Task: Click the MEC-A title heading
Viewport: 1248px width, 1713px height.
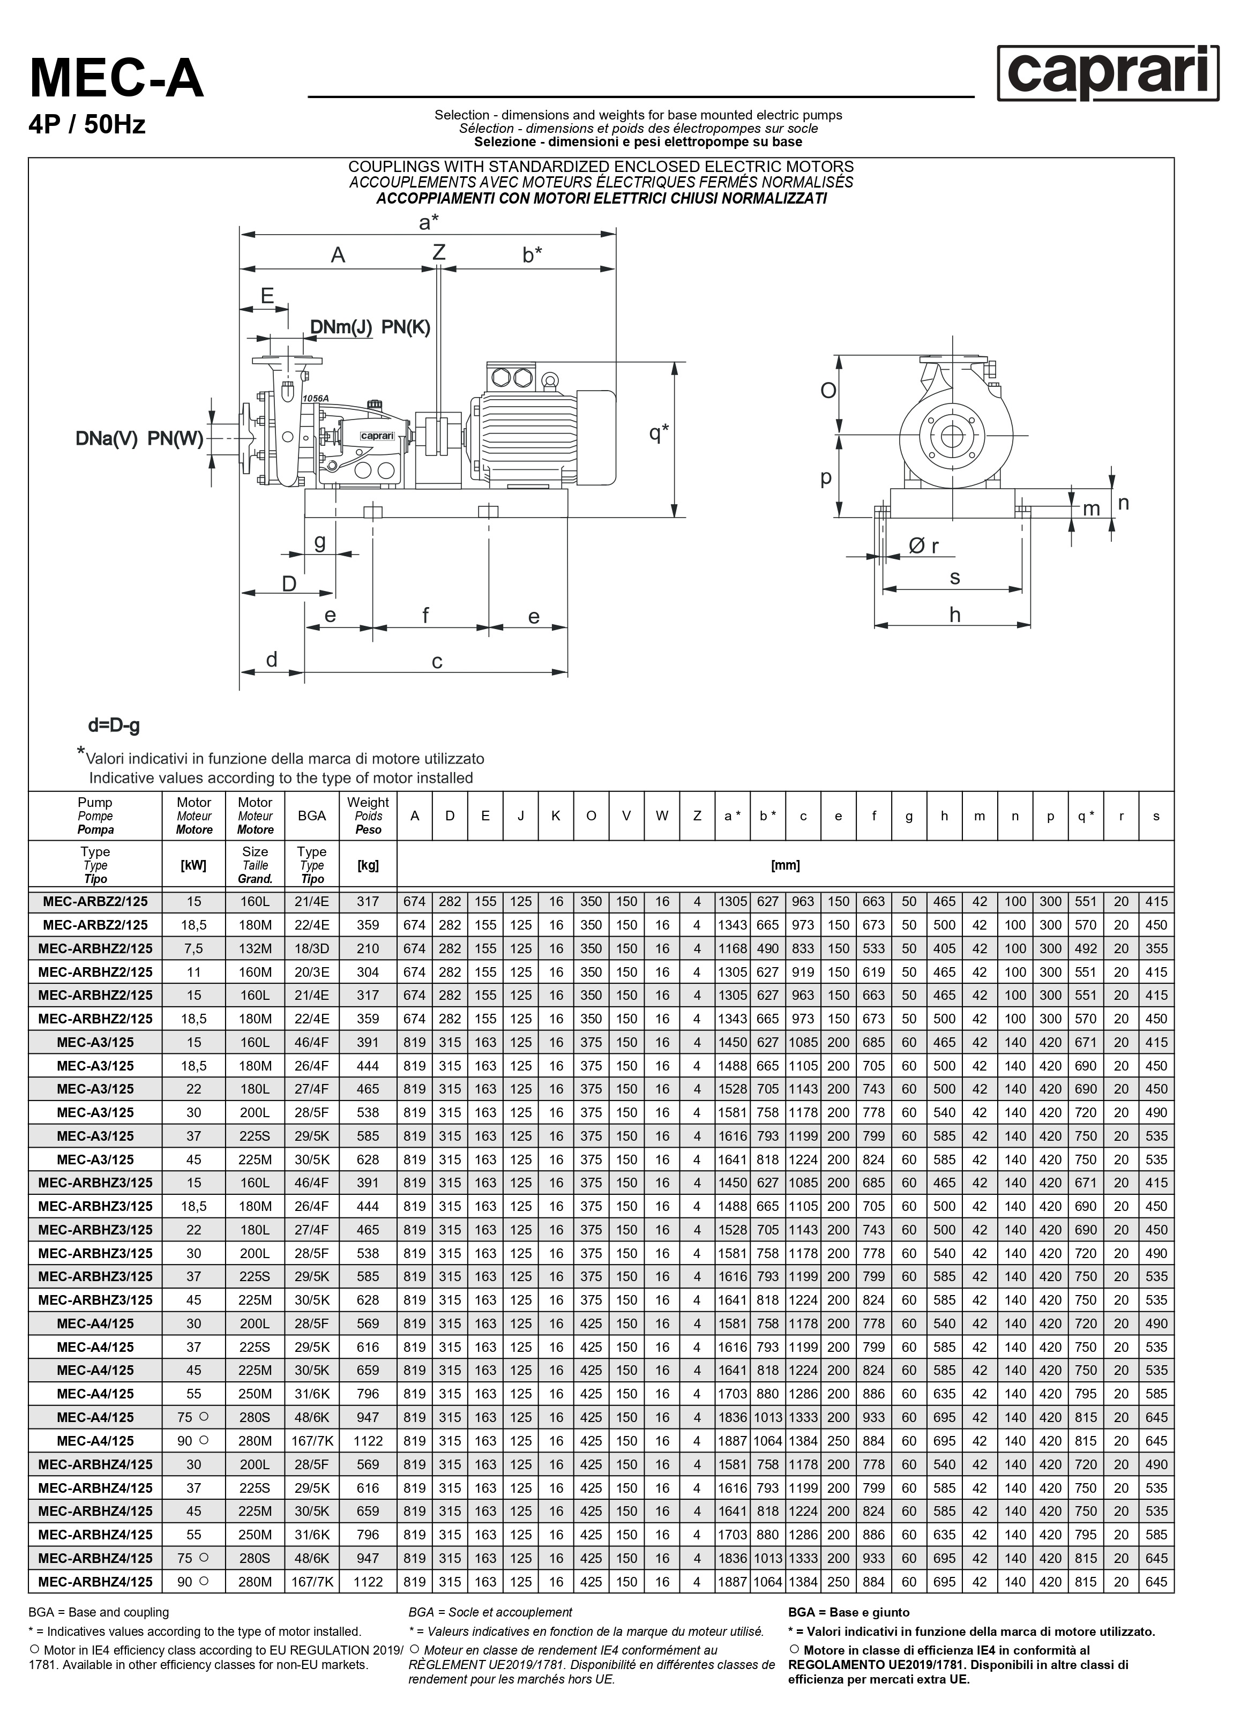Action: pos(117,79)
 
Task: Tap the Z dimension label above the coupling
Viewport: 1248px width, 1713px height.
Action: pos(439,252)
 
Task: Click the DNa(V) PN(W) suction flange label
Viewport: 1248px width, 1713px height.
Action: pos(139,439)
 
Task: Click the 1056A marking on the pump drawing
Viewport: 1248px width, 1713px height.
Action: pos(315,398)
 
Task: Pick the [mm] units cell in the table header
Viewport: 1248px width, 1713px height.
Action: pos(785,865)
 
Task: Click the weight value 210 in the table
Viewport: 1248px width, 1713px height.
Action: pos(368,948)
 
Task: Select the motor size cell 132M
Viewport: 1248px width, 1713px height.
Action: pos(256,948)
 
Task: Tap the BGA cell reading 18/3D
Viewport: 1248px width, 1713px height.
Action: pos(311,948)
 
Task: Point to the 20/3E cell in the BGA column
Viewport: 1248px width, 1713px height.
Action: pos(311,972)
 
